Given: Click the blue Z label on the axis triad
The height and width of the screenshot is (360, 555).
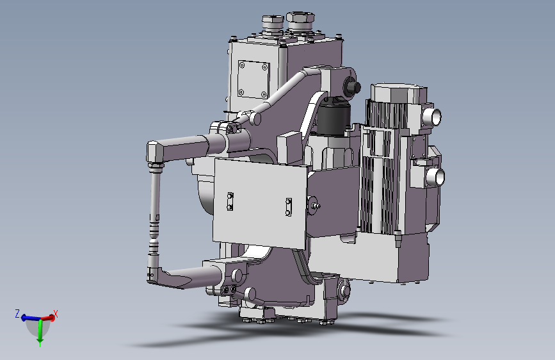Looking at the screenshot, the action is tap(17, 313).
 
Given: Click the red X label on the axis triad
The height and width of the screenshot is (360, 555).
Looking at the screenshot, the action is tap(55, 314).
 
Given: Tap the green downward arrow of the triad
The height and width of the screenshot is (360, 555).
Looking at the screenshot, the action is tap(40, 332).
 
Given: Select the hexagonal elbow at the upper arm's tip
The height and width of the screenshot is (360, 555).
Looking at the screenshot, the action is tap(155, 152).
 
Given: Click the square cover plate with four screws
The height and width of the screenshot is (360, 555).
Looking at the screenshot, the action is tap(253, 79).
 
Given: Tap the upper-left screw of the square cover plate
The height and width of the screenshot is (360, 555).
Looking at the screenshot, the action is tap(242, 65).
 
